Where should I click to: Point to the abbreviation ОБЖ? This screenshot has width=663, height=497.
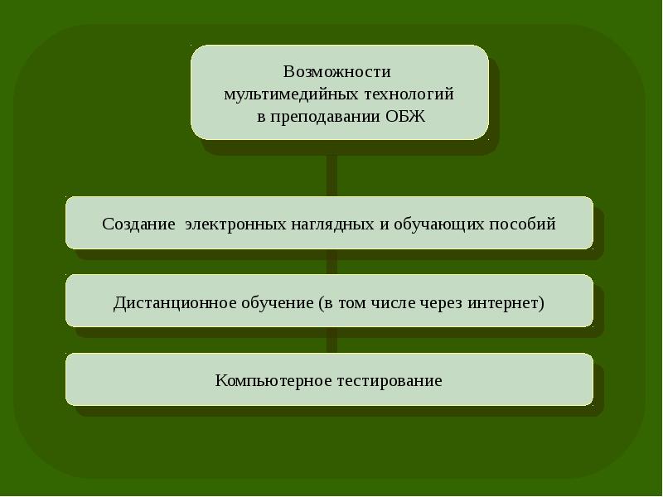405,117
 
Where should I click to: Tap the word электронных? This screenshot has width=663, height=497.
236,224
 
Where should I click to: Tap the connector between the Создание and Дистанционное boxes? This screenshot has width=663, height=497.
331,262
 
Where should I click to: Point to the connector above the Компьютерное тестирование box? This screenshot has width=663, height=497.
331,340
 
